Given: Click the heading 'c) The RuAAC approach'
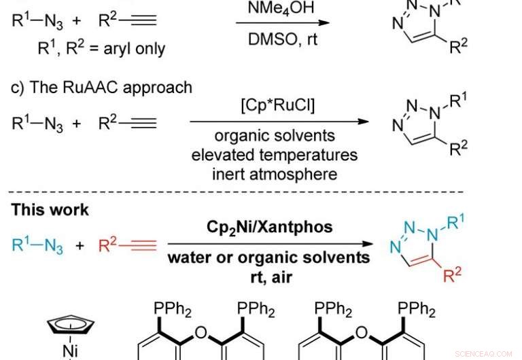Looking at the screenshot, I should [x=101, y=88].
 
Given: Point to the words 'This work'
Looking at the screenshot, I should [x=50, y=209].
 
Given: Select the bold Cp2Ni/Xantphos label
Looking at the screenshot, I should [x=270, y=227].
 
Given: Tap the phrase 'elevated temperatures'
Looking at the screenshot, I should [x=274, y=154].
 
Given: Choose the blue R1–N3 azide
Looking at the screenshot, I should [x=38, y=245].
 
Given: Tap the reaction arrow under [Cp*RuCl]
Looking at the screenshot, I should [x=279, y=124].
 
